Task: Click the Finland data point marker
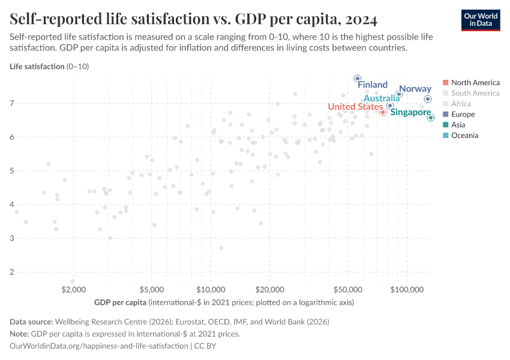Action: click(x=358, y=79)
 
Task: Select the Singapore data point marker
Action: click(x=431, y=118)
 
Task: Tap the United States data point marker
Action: click(x=383, y=112)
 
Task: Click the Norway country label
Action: click(x=415, y=89)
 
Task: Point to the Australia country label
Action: click(x=382, y=98)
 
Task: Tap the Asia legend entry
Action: click(x=458, y=125)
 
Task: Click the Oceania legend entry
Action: click(x=464, y=136)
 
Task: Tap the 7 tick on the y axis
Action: click(x=12, y=104)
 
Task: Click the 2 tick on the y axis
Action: click(x=12, y=272)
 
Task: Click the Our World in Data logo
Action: click(x=481, y=20)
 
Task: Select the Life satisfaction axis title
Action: click(x=37, y=67)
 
